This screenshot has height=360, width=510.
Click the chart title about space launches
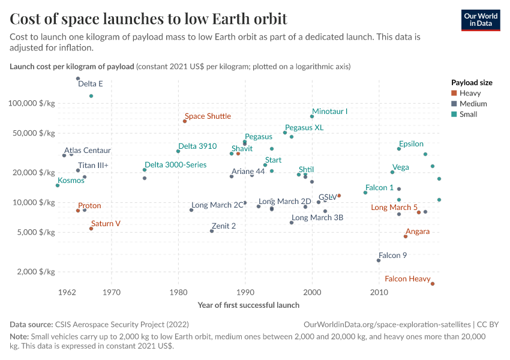pos(148,19)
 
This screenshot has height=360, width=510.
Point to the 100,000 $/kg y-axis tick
pos(31,103)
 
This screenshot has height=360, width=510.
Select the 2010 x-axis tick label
pos(379,293)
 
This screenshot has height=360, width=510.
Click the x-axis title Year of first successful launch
pos(248,305)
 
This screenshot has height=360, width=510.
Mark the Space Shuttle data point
pos(185,121)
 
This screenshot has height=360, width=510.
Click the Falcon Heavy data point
pos(432,284)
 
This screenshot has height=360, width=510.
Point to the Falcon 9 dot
pos(379,260)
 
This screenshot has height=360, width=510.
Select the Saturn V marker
pos(91,229)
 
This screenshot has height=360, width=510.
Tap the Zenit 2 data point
pos(212,231)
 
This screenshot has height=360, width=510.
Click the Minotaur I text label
pos(329,112)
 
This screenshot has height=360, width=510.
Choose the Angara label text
pos(417,232)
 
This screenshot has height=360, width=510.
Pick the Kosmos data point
pos(58,185)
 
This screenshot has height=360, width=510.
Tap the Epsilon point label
pos(411,144)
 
